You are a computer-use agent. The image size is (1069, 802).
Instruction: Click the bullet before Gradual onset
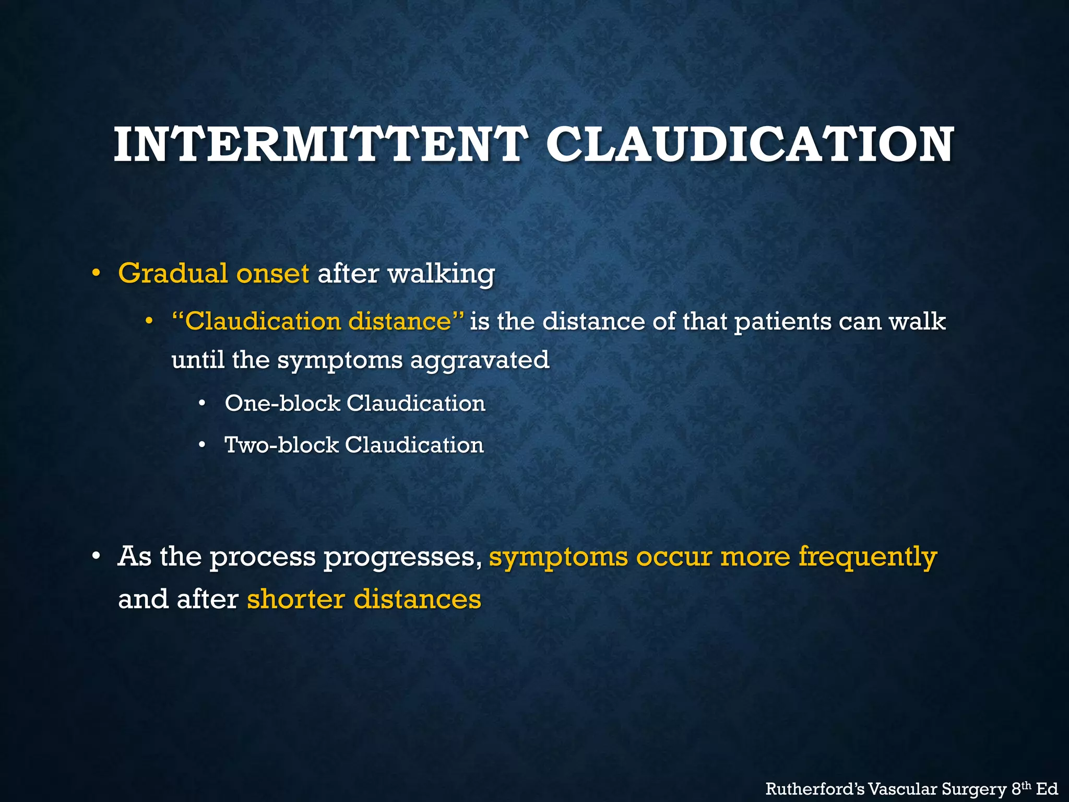tap(96, 274)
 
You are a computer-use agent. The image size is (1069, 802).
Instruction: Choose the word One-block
tap(282, 403)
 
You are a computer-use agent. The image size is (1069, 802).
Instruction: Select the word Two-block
tap(281, 445)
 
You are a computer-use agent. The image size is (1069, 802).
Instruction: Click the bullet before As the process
tap(96, 557)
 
